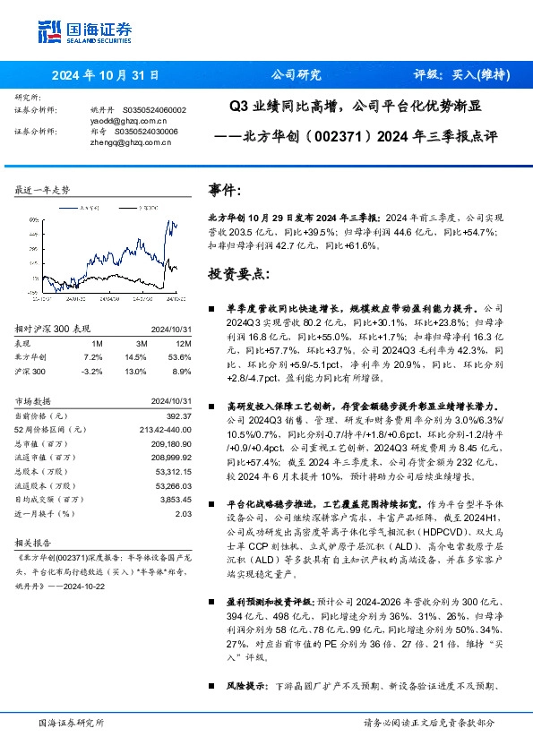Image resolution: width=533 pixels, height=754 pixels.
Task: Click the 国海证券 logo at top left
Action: click(x=84, y=31)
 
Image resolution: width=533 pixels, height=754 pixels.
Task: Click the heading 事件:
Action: click(x=225, y=191)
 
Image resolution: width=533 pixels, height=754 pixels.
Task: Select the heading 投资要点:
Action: click(x=237, y=272)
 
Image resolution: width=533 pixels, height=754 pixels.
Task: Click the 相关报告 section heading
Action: click(x=36, y=543)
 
